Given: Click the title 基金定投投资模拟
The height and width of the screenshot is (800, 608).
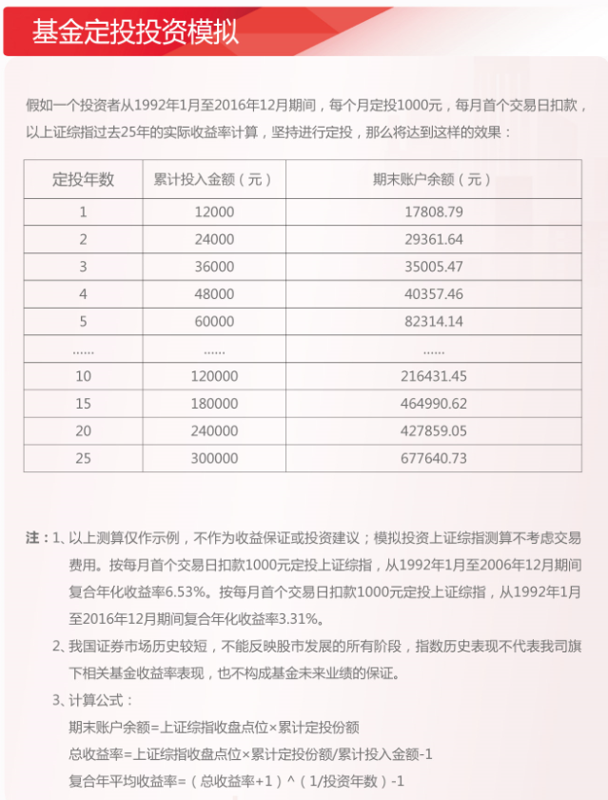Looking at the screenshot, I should (x=135, y=30).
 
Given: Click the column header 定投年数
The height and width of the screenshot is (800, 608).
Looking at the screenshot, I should (x=83, y=179).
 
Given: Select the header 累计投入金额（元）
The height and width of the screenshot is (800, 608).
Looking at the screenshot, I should (x=213, y=179).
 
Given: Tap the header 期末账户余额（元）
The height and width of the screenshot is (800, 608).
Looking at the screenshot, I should (x=433, y=179).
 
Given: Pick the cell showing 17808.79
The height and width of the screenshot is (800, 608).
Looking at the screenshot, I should (x=433, y=212).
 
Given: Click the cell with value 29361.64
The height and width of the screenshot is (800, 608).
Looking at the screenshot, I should (x=433, y=239).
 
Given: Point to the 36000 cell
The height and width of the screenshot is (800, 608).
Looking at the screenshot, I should (x=213, y=267).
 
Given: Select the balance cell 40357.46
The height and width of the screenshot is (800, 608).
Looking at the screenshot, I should (x=433, y=294).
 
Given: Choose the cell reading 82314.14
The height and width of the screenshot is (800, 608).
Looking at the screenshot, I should (x=433, y=322).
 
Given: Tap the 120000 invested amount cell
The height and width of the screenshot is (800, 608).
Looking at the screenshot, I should (x=213, y=376).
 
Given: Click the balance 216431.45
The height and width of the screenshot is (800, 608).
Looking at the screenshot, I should (x=433, y=376).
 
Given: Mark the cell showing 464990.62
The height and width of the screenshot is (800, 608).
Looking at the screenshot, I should (x=433, y=404).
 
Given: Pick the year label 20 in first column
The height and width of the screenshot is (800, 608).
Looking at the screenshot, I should (x=83, y=430).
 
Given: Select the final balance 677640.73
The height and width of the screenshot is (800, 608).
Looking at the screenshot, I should (x=433, y=458).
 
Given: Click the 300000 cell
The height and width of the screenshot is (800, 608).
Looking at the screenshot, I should (x=213, y=458).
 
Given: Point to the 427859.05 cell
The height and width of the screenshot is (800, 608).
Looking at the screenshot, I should (x=433, y=430).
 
